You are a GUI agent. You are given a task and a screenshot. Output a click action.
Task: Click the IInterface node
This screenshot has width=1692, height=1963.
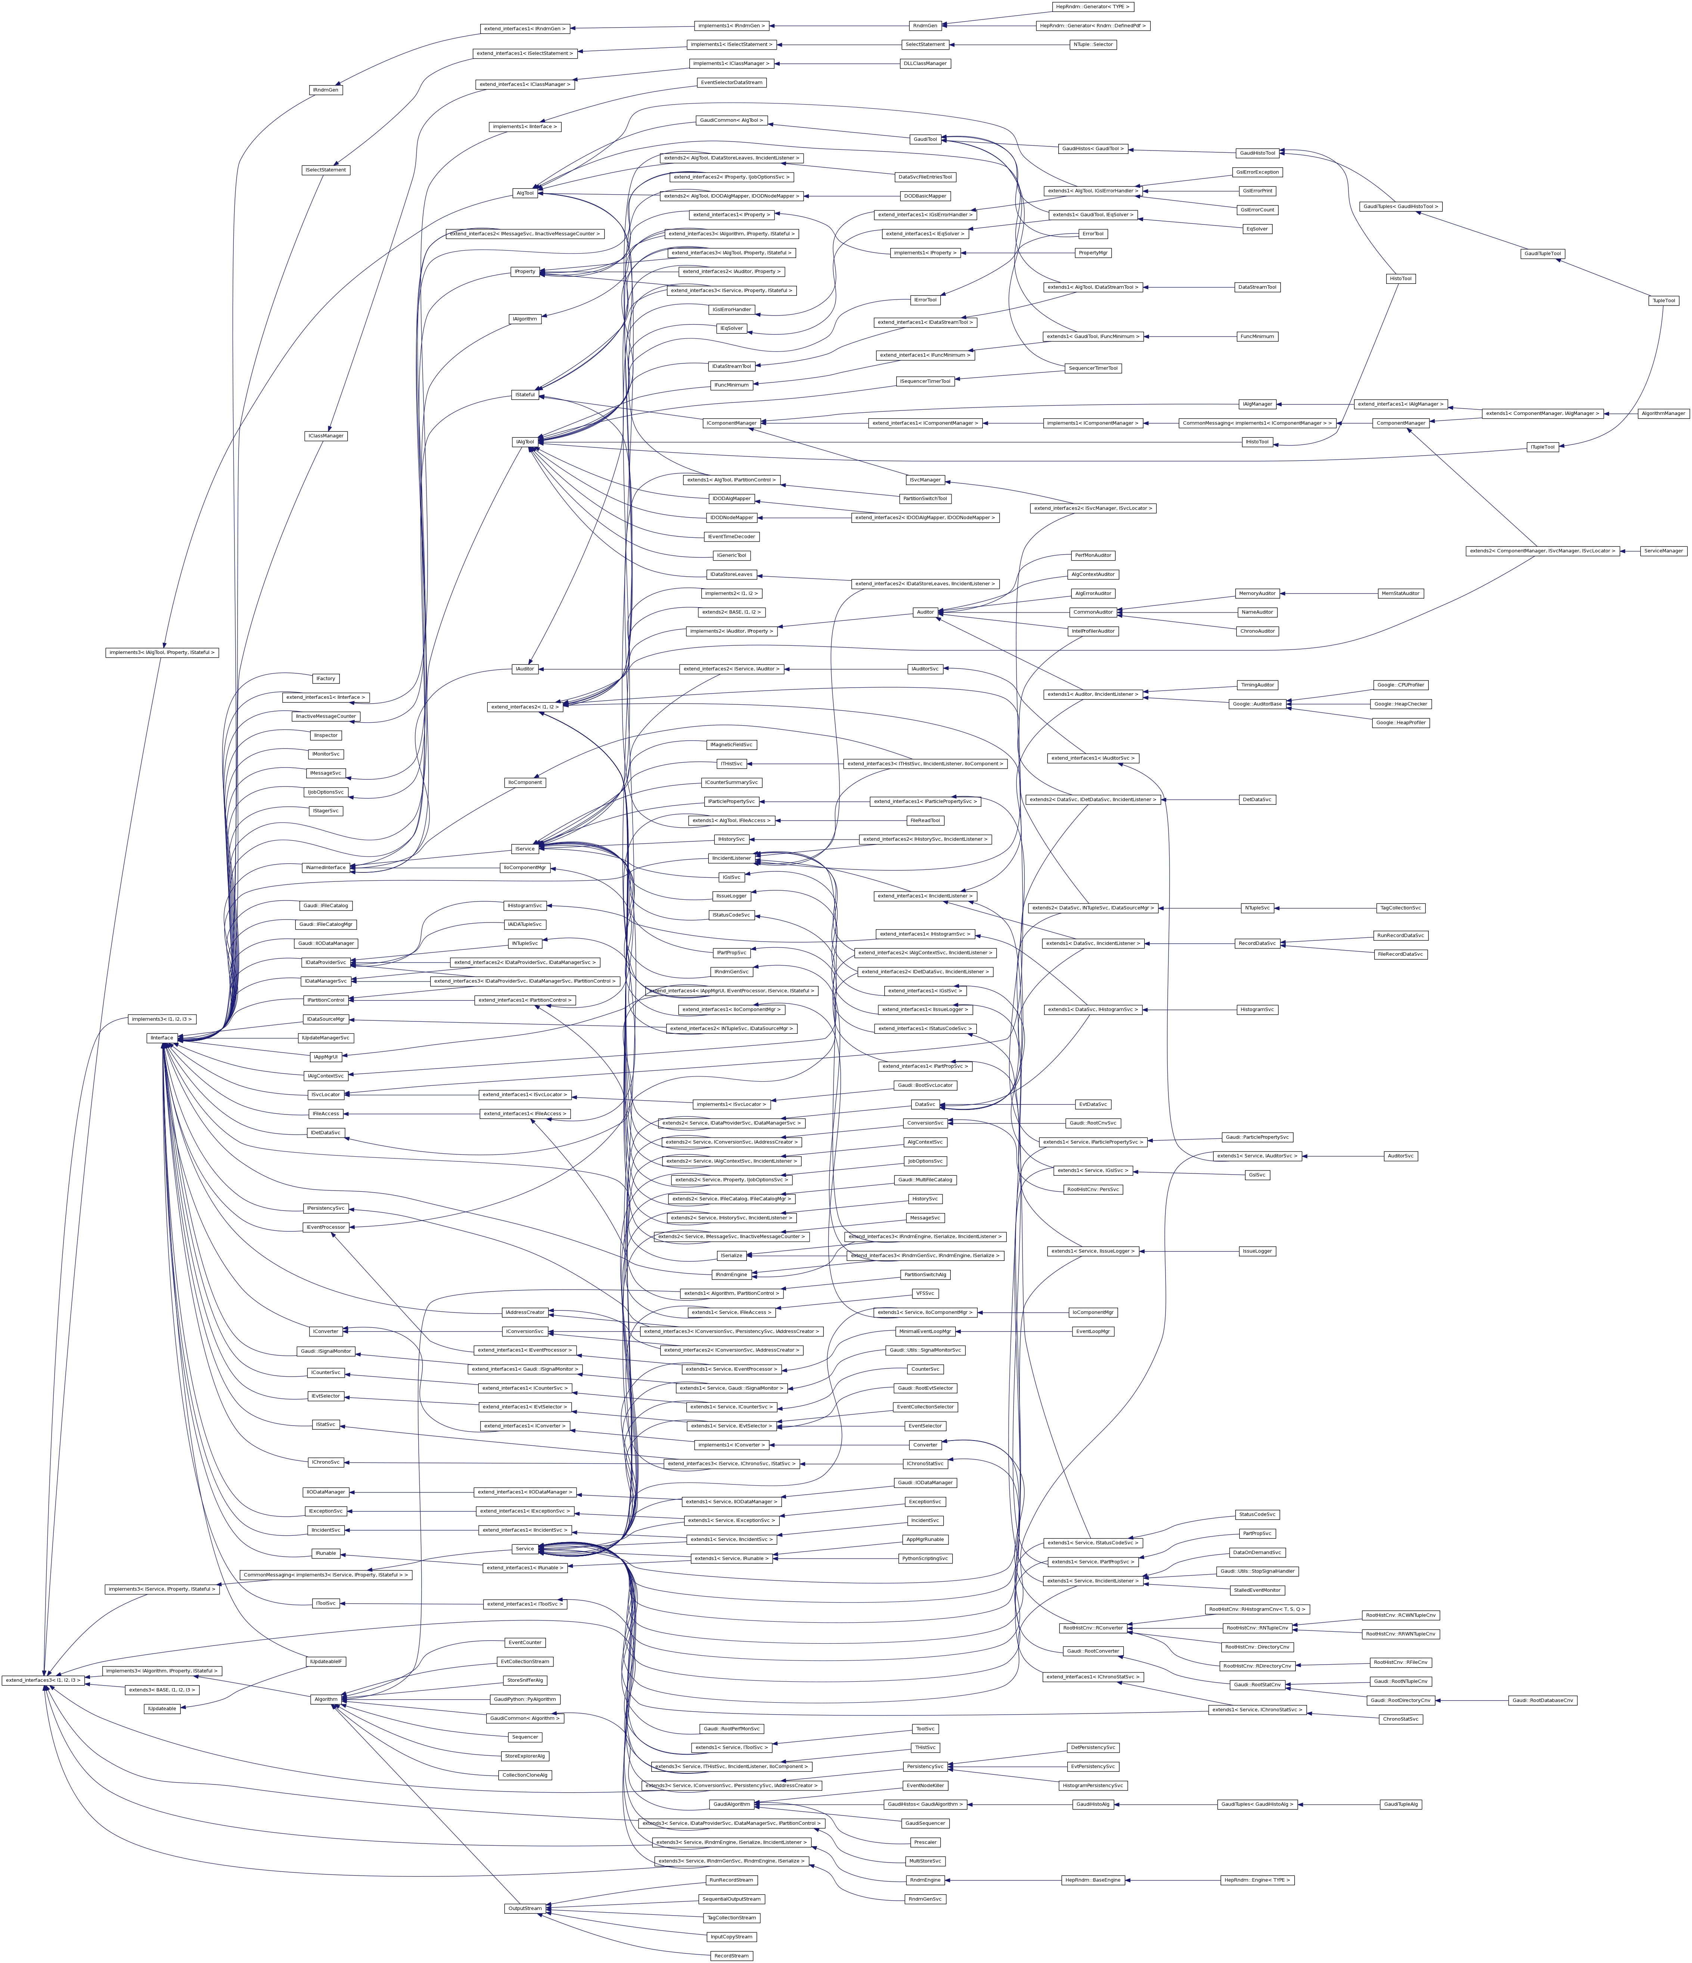pyautogui.click(x=162, y=1038)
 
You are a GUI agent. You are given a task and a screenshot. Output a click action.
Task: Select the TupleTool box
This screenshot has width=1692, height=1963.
pyautogui.click(x=1664, y=300)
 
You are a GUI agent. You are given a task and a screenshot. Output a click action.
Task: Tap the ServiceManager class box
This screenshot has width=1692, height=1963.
pyautogui.click(x=1664, y=551)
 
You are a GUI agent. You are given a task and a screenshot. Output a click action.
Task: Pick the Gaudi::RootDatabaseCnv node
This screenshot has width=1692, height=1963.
pyautogui.click(x=1542, y=1700)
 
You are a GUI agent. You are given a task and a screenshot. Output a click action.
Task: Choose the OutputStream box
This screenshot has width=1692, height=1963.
pyautogui.click(x=525, y=1908)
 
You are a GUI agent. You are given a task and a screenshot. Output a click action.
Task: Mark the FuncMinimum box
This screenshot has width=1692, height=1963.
pyautogui.click(x=1257, y=337)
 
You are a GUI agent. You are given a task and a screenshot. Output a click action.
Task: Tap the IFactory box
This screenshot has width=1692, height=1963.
pyautogui.click(x=326, y=678)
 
